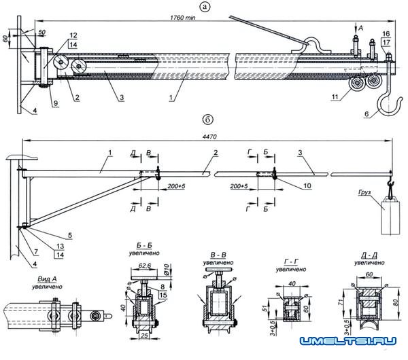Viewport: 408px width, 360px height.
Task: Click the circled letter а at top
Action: point(205,7)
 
